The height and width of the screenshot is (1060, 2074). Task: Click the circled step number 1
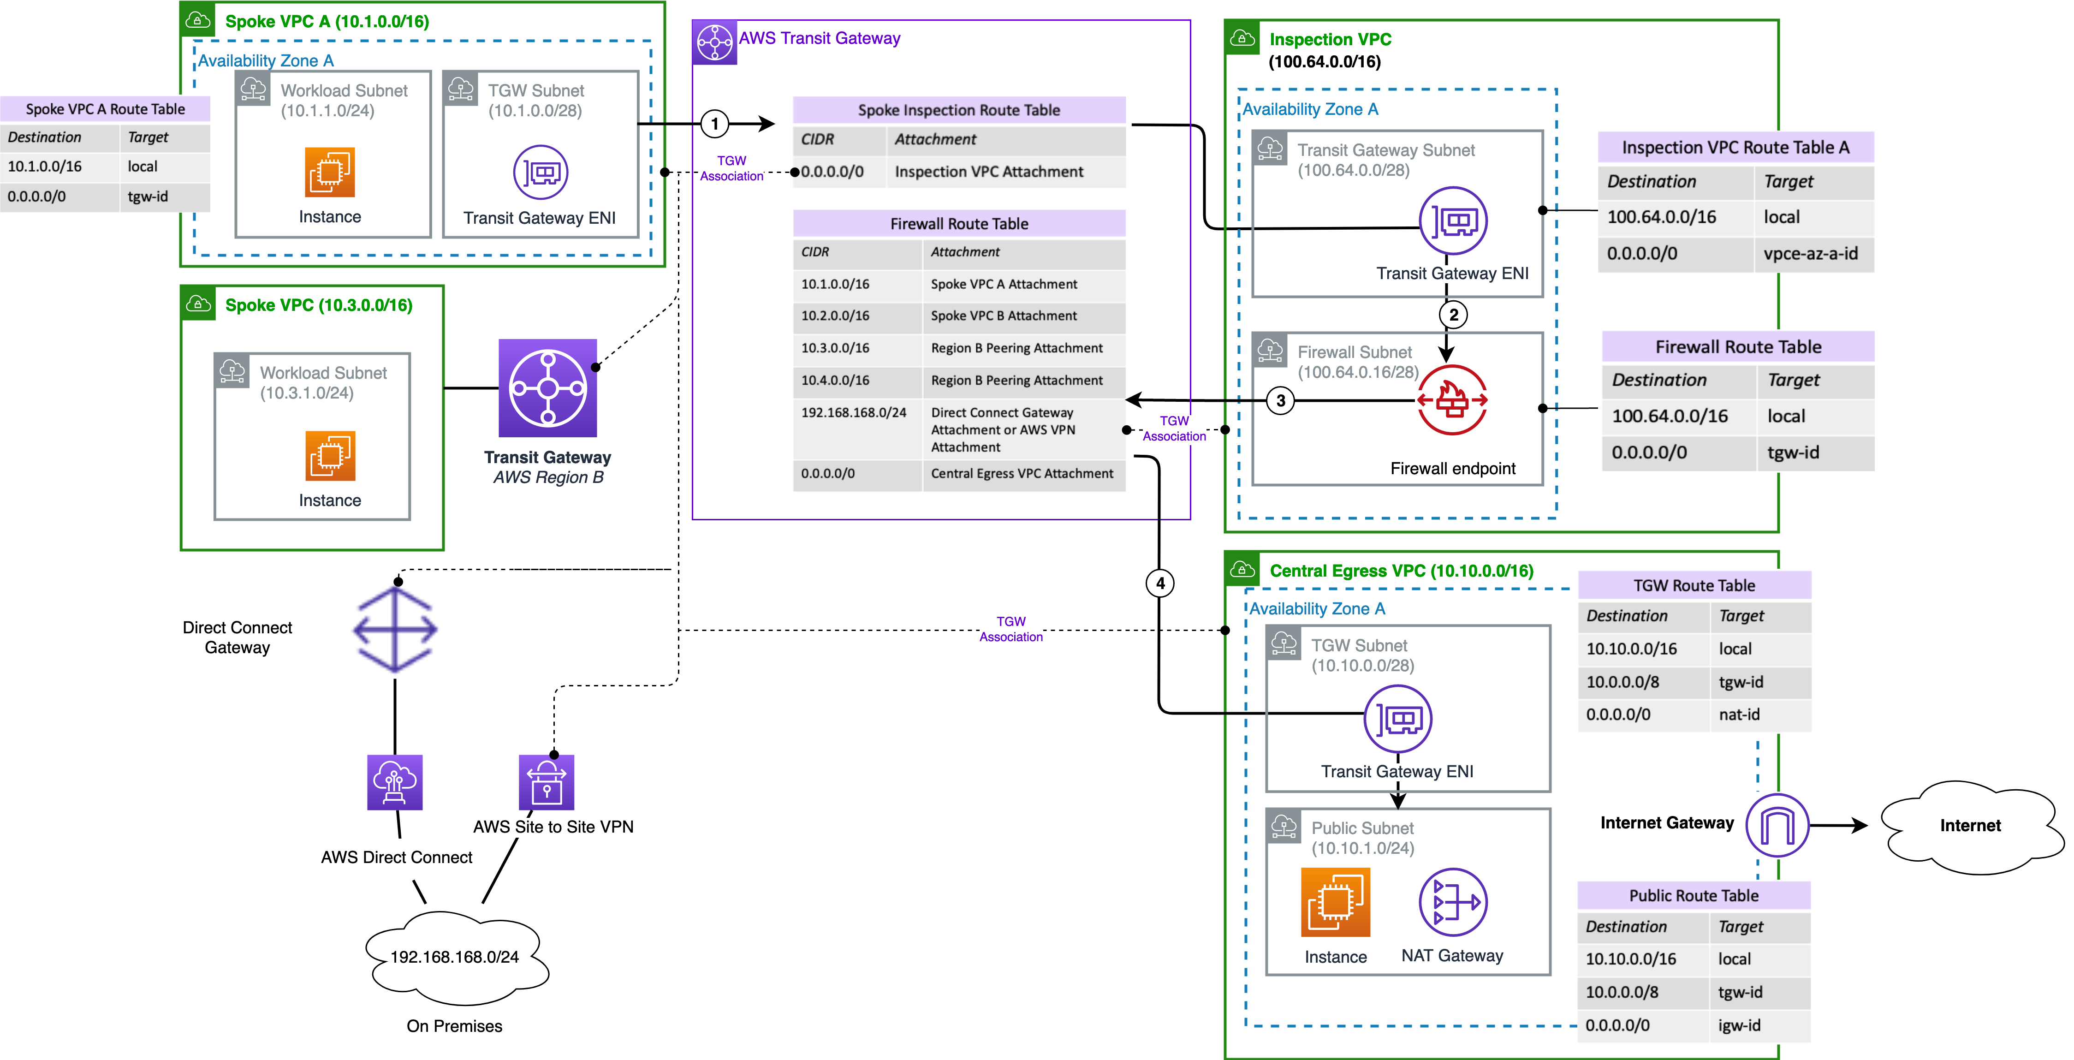(x=714, y=124)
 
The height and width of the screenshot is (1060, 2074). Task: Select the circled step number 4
(x=1159, y=583)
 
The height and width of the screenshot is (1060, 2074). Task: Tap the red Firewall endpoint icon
(x=1452, y=399)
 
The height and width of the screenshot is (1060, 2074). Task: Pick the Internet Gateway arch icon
(x=1777, y=825)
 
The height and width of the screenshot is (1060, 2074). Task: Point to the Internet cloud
(x=1969, y=826)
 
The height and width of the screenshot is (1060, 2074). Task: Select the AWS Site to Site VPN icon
(x=547, y=782)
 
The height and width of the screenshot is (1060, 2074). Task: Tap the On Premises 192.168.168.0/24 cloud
(x=455, y=957)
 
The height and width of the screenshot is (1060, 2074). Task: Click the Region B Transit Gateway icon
(x=547, y=388)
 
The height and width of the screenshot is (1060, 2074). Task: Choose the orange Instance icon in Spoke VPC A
(x=329, y=172)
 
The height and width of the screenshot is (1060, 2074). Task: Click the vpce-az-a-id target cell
(x=1811, y=254)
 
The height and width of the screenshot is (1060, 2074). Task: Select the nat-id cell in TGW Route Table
(x=1739, y=715)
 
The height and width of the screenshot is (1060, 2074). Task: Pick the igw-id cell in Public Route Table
(x=1739, y=1025)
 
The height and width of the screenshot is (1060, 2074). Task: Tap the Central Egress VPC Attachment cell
(x=1022, y=474)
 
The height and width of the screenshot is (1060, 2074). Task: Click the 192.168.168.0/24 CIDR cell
(x=853, y=412)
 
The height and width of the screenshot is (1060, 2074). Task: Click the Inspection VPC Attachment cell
(x=989, y=172)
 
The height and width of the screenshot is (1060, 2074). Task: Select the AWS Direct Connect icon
(x=394, y=782)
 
